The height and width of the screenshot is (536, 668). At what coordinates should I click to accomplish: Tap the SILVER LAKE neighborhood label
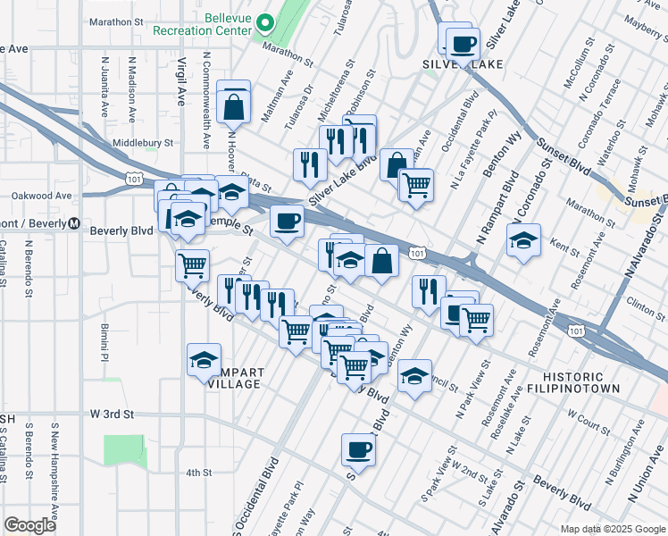[x=463, y=64]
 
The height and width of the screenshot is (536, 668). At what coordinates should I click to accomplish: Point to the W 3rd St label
[x=112, y=415]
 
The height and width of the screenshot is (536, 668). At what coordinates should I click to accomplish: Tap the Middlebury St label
[x=142, y=142]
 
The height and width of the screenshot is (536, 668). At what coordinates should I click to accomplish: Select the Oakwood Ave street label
[x=41, y=195]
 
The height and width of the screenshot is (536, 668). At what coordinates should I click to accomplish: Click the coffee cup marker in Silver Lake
[x=462, y=43]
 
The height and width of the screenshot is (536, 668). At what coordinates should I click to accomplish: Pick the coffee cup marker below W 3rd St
[x=359, y=449]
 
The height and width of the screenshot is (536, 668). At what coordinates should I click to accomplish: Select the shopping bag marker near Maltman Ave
[x=233, y=106]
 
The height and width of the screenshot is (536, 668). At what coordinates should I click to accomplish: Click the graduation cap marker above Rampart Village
[x=204, y=360]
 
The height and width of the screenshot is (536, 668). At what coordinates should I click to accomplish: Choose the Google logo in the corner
[x=29, y=525]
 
